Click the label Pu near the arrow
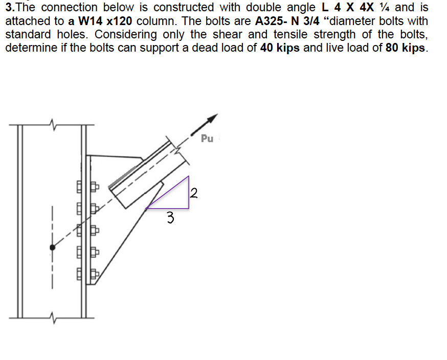coord(207,138)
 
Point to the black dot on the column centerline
coord(52,247)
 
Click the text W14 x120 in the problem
coord(107,22)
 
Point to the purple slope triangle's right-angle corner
coord(189,208)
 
